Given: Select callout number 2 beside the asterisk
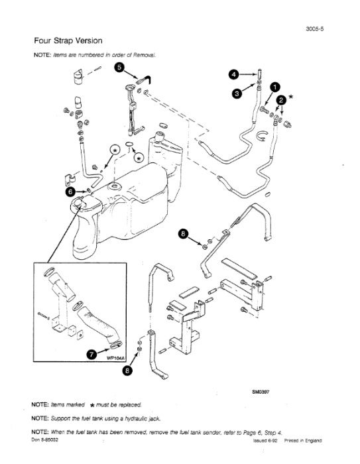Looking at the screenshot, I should click(x=281, y=99).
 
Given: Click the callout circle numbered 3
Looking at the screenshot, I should click(x=237, y=94).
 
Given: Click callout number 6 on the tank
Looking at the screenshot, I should click(x=70, y=192).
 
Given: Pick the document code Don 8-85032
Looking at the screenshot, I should click(x=47, y=438).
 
